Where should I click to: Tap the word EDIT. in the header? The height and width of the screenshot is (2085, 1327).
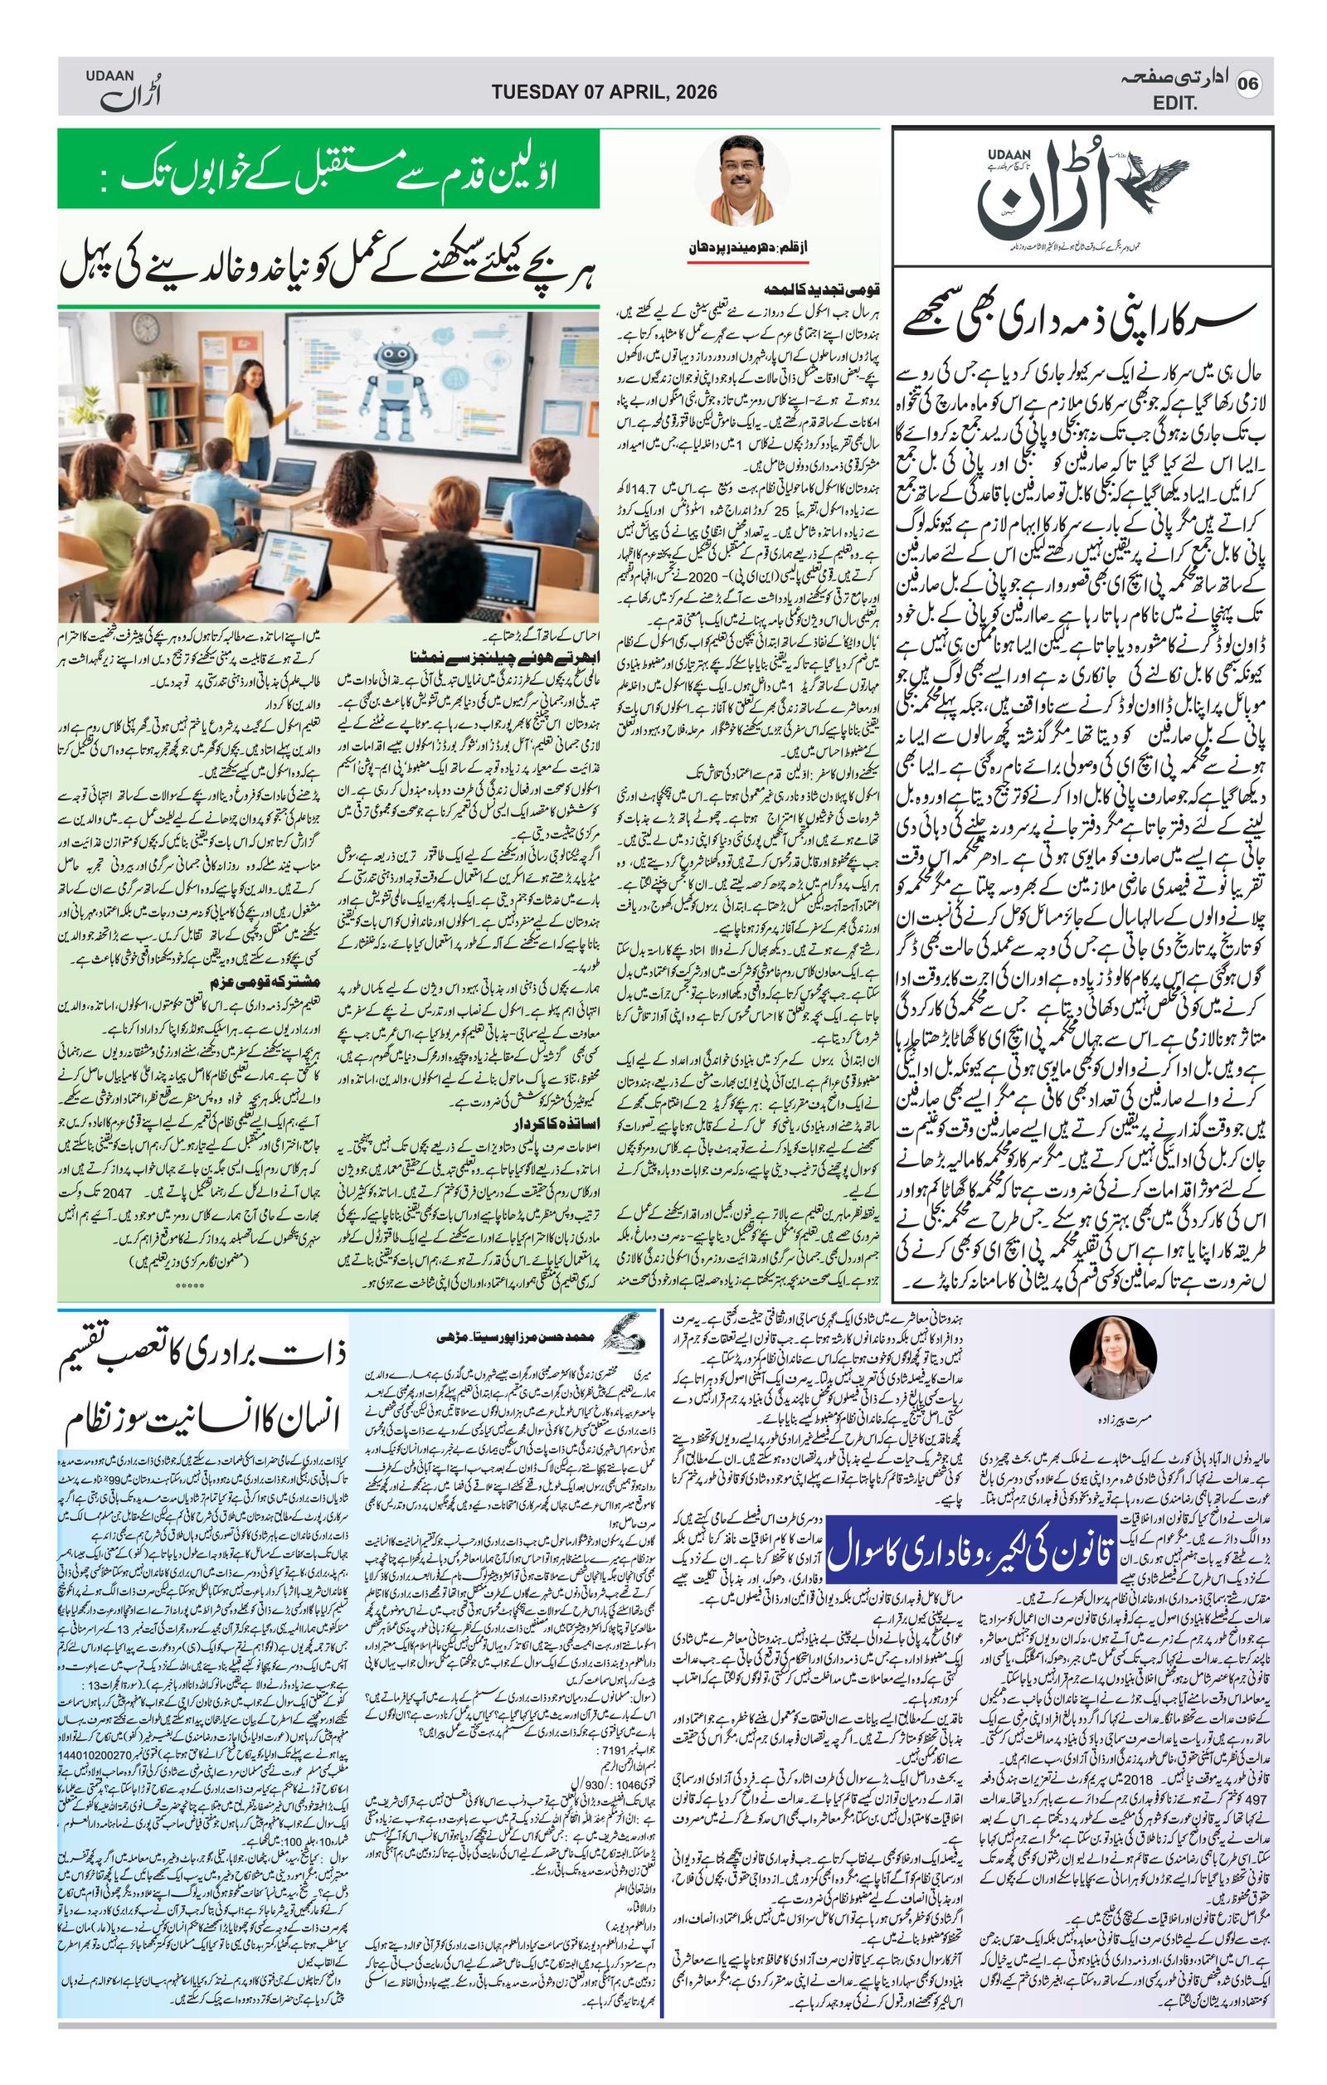[1174, 104]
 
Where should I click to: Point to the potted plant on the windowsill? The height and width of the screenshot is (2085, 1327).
[161, 366]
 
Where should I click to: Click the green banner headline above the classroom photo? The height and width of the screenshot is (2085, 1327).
[329, 170]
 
